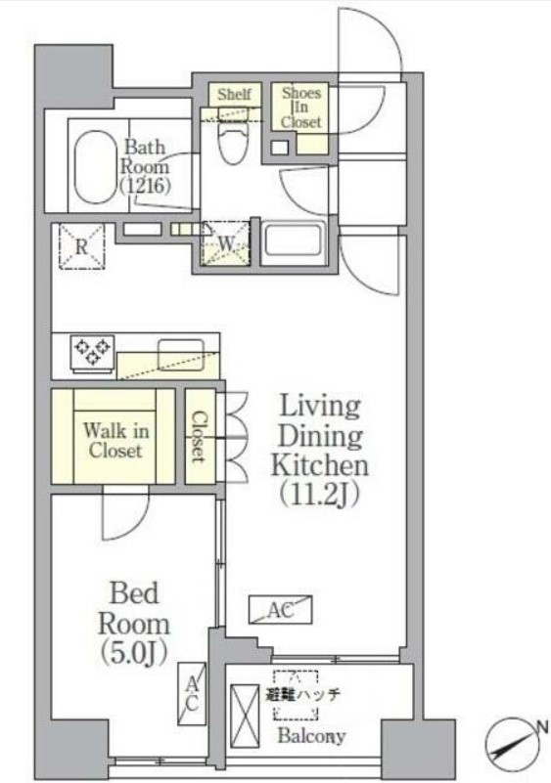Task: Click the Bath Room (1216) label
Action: coord(145,166)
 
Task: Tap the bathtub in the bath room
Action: coord(96,167)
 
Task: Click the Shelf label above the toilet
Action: coord(234,94)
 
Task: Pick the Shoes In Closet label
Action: coord(300,107)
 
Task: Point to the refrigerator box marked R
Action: coord(82,246)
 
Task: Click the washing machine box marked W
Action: coord(225,243)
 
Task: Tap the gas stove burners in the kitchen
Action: coord(93,351)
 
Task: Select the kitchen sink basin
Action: coord(181,355)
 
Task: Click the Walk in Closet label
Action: coord(115,441)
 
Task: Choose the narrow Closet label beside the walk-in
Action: coord(199,436)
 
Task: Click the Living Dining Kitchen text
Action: coord(319,435)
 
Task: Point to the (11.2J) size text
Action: coord(319,495)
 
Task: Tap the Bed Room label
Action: coord(134,609)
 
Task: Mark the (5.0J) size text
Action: coord(133,652)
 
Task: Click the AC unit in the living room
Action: coord(281,610)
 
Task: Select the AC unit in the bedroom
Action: coord(192,694)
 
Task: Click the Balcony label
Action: coord(311,735)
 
